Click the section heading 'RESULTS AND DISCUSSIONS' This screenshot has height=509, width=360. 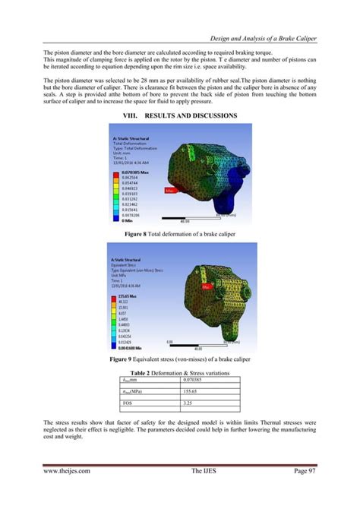pyautogui.click(x=191, y=115)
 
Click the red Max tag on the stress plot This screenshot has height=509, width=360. pyautogui.click(x=207, y=287)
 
